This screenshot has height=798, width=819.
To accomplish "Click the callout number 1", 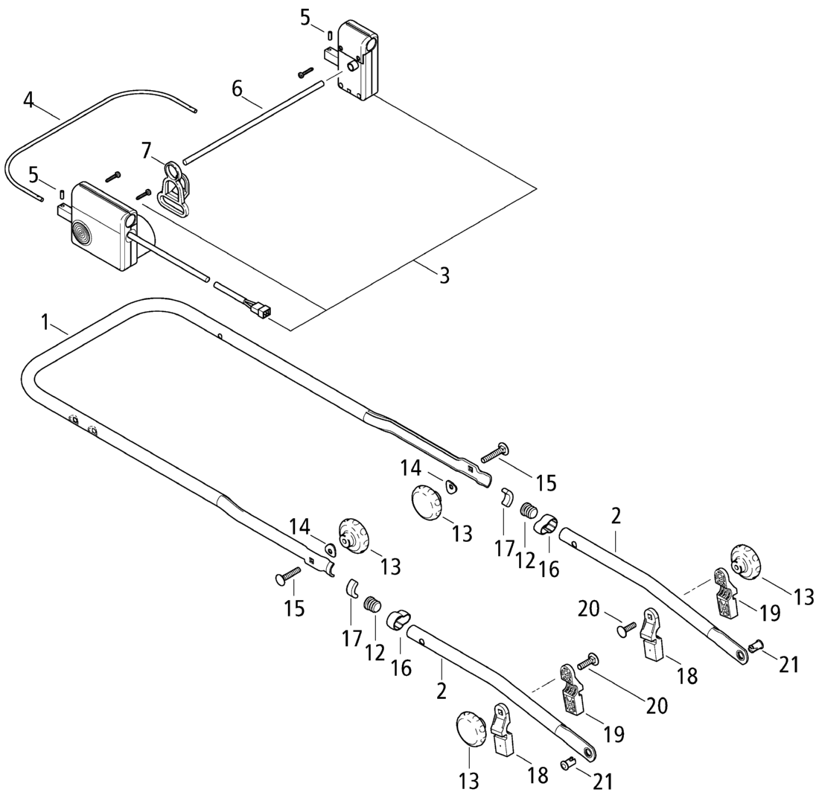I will (45, 322).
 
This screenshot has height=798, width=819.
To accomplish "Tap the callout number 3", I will (444, 275).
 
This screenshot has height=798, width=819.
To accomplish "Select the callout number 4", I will (28, 99).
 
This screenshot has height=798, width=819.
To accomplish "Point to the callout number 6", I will (237, 89).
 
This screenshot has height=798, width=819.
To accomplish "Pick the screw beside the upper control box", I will (306, 73).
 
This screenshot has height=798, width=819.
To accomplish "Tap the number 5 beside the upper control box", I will (305, 18).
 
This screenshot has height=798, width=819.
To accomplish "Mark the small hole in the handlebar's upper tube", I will (221, 336).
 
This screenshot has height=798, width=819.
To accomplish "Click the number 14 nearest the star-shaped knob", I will (299, 526).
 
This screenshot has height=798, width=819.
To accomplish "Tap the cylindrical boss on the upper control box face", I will (349, 66).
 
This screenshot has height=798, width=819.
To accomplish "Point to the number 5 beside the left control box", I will (33, 176).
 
